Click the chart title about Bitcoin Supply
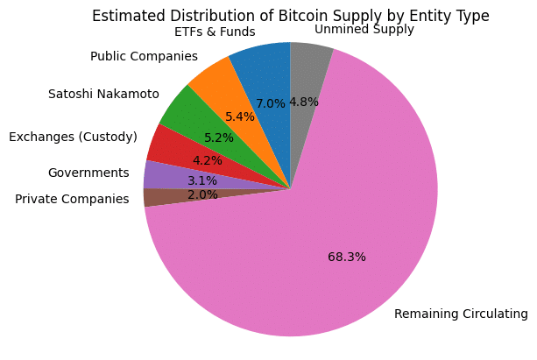tap(290, 16)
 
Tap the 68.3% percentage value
tap(346, 258)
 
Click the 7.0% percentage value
tap(271, 103)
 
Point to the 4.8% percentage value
tap(303, 102)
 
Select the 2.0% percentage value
tap(202, 194)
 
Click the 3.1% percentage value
tap(201, 180)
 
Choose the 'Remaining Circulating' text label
tap(461, 314)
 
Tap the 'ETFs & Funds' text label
tap(215, 32)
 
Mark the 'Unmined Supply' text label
tap(364, 30)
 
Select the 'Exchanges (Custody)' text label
tap(73, 137)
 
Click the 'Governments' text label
tap(88, 173)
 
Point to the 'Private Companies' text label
tap(73, 199)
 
